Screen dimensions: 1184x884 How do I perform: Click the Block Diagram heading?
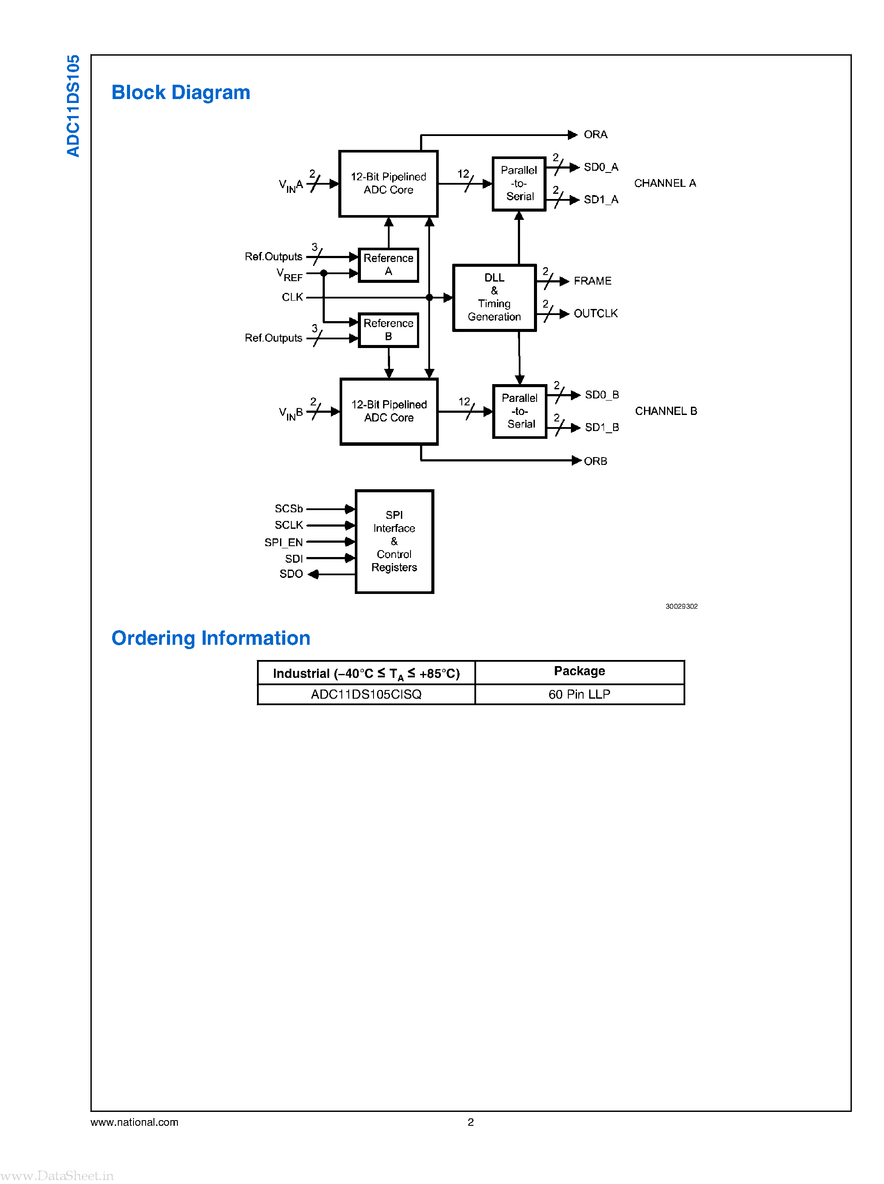(180, 93)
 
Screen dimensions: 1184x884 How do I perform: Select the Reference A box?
(388, 265)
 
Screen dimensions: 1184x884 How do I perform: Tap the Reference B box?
(388, 330)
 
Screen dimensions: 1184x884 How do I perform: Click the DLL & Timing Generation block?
(494, 297)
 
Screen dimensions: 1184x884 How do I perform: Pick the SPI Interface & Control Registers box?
(394, 541)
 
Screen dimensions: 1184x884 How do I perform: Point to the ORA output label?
(595, 135)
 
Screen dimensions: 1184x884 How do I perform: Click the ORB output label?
(595, 461)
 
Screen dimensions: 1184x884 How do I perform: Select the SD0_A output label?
(600, 167)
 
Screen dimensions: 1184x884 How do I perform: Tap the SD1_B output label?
(601, 427)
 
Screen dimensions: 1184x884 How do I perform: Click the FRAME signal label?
(592, 281)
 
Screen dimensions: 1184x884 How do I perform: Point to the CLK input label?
(292, 297)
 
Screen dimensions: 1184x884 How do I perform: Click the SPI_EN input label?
(284, 542)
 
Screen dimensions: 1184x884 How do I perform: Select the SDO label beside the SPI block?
(291, 574)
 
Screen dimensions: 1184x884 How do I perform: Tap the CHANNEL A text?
(664, 183)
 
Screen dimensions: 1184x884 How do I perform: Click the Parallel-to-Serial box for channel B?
(520, 411)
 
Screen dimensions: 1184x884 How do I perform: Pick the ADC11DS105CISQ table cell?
(366, 694)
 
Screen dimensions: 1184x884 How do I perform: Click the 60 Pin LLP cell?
(579, 694)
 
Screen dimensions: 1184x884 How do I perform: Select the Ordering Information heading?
(210, 638)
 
